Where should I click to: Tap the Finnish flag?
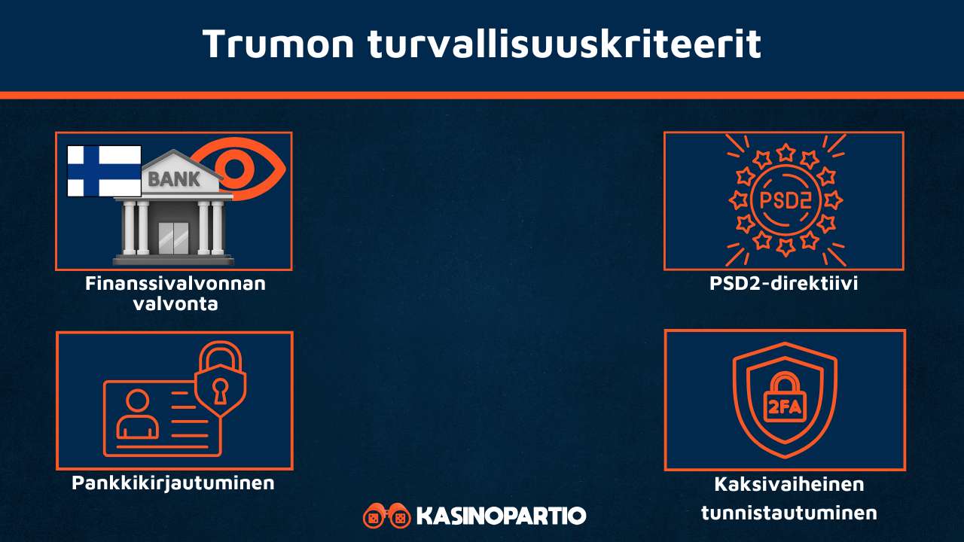[x=104, y=171]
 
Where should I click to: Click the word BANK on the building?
[x=175, y=180]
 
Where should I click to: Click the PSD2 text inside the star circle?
[x=785, y=200]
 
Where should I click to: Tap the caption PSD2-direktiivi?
[x=784, y=285]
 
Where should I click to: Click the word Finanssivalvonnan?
[x=175, y=285]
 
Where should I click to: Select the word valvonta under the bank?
[x=175, y=304]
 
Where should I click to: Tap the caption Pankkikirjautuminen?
[x=173, y=483]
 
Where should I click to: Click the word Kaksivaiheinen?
[x=789, y=484]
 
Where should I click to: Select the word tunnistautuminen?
[x=789, y=513]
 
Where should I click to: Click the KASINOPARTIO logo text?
[x=500, y=516]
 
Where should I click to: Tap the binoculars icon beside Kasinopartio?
[x=386, y=516]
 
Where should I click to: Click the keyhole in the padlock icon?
[x=220, y=389]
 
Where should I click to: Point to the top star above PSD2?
[x=785, y=154]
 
